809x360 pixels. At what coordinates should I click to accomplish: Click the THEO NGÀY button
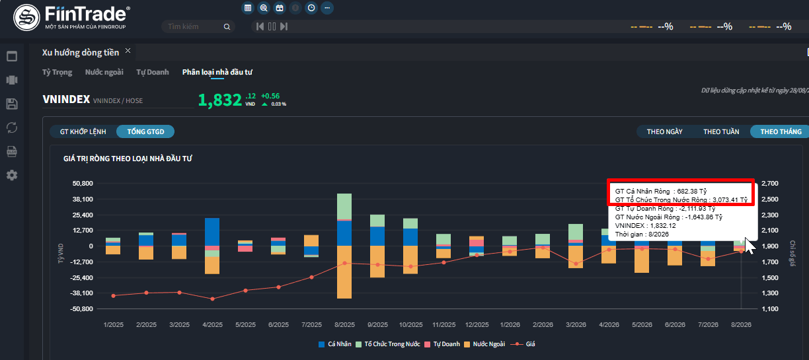click(x=664, y=132)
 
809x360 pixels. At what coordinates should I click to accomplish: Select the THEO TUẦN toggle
click(x=721, y=132)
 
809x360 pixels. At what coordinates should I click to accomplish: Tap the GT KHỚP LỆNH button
click(x=83, y=132)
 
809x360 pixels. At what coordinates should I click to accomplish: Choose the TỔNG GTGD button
click(x=145, y=132)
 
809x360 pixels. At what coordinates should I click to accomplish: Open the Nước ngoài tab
click(x=104, y=72)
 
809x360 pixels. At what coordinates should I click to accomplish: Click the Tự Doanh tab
click(x=153, y=72)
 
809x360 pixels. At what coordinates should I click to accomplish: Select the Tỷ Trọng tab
click(x=57, y=72)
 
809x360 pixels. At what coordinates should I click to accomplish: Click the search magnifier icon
click(x=227, y=26)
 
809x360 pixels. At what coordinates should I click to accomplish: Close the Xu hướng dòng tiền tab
click(x=128, y=51)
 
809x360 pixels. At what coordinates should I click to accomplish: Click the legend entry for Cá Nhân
click(x=335, y=344)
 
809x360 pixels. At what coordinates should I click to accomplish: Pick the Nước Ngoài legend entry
click(x=484, y=344)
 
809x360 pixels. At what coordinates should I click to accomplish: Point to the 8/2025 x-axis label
click(x=344, y=324)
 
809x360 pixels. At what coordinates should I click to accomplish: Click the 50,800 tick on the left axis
click(x=83, y=184)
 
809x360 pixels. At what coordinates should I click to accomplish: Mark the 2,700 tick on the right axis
click(x=769, y=184)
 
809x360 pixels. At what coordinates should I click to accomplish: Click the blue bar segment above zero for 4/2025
click(x=212, y=232)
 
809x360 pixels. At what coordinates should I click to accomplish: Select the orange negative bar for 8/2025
click(x=344, y=272)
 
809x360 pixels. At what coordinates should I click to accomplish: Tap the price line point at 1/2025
click(x=114, y=296)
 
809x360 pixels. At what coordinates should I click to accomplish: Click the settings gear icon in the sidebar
click(x=12, y=175)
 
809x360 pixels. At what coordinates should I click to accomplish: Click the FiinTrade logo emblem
click(x=26, y=17)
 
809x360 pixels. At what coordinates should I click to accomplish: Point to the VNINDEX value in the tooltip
click(x=663, y=226)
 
